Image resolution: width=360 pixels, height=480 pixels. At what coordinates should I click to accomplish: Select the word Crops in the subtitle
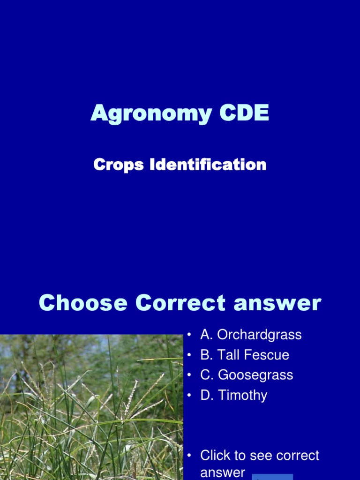[x=119, y=165]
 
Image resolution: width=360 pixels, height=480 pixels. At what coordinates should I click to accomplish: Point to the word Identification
[x=208, y=165]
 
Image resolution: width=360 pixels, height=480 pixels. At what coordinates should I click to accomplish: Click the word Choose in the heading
[x=83, y=303]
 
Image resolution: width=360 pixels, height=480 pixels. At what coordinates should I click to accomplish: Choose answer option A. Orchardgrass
[x=251, y=335]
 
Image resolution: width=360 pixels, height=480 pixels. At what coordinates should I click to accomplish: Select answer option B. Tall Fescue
[x=245, y=355]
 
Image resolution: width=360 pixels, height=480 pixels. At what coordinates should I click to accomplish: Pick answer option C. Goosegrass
[x=247, y=375]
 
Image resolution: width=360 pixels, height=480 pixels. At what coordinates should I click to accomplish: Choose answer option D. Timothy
[x=233, y=395]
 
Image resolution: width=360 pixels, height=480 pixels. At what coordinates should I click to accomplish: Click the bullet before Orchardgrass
[x=189, y=335]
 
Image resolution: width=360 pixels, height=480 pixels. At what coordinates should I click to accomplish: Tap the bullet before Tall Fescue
[x=189, y=355]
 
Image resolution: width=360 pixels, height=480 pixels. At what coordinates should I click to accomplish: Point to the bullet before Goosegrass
[x=189, y=375]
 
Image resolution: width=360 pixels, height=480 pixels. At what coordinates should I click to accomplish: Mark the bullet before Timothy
[x=189, y=396]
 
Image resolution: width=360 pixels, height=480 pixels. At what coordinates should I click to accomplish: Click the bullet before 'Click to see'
[x=189, y=456]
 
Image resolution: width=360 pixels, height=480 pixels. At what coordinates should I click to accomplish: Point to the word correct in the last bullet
[x=295, y=455]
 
